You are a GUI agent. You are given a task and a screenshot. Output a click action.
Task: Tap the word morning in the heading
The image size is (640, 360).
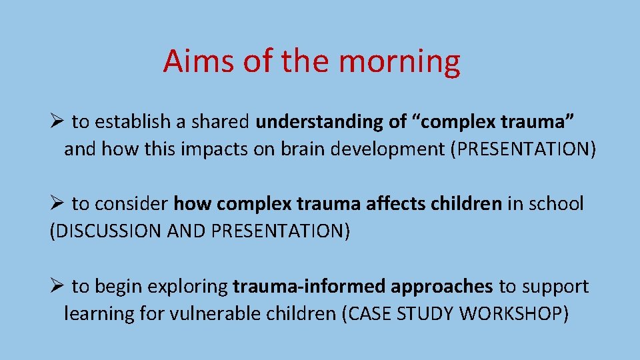point(399,61)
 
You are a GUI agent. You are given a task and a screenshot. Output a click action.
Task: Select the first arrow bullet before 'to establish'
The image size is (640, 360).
point(57,121)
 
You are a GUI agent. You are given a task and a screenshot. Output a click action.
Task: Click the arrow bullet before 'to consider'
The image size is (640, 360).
point(57,204)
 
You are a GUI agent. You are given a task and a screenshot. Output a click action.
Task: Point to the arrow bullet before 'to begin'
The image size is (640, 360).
point(57,287)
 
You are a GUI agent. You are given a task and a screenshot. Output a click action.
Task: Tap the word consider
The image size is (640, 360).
point(142,204)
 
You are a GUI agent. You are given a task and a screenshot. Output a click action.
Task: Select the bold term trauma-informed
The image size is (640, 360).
point(309,287)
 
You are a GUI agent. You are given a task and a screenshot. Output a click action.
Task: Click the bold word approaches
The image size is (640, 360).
point(441,287)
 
